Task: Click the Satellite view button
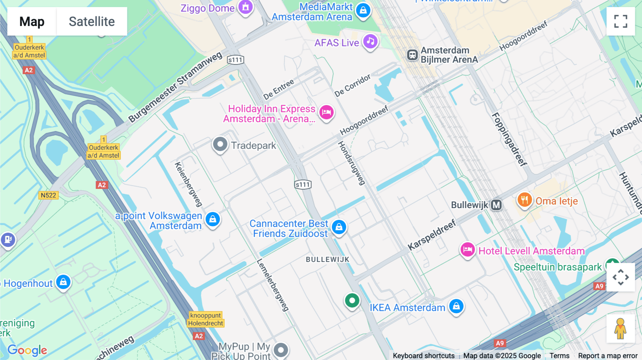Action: click(92, 21)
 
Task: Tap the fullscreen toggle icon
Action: click(621, 21)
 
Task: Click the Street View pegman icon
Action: click(620, 328)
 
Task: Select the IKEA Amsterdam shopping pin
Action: click(456, 306)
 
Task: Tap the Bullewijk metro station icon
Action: click(496, 205)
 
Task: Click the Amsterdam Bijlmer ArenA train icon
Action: click(412, 55)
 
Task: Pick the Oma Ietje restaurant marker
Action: click(524, 200)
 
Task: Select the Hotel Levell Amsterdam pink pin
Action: click(467, 250)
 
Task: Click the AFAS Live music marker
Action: click(370, 41)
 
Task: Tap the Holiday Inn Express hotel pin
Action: click(326, 112)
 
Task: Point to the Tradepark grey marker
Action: click(220, 144)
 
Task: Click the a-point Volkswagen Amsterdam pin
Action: click(213, 219)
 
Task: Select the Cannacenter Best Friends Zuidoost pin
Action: click(339, 227)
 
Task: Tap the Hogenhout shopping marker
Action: click(63, 282)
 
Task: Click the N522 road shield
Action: click(48, 195)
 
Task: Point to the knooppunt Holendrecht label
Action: click(206, 319)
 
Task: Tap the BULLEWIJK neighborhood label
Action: click(327, 259)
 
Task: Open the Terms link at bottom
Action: click(559, 355)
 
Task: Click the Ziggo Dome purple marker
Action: click(245, 7)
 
